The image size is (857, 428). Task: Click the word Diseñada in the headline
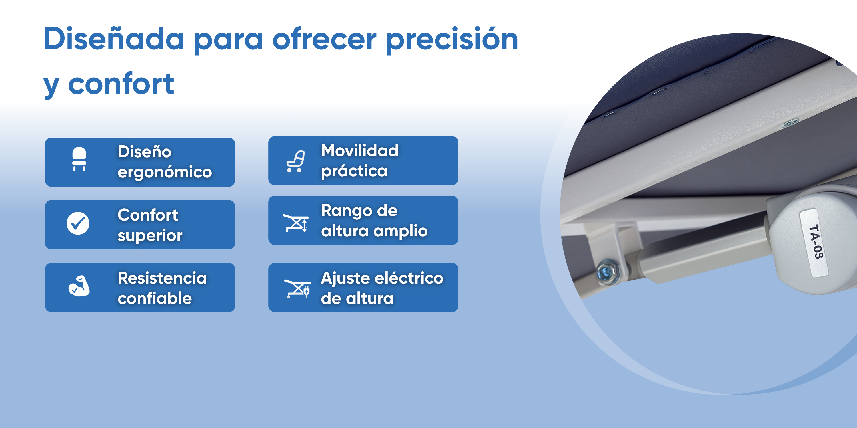114,39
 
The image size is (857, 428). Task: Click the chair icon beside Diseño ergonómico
79,159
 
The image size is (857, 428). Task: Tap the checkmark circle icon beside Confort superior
78,223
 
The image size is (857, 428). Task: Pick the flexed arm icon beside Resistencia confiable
79,286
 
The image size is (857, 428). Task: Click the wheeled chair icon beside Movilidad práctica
295,161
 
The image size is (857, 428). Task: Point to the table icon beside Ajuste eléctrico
297,289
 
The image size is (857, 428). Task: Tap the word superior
150,236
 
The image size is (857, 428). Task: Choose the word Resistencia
162,278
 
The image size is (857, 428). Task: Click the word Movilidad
360,150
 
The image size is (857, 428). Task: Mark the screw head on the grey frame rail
790,124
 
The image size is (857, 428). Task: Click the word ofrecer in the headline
324,39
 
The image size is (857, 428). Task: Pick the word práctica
354,171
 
